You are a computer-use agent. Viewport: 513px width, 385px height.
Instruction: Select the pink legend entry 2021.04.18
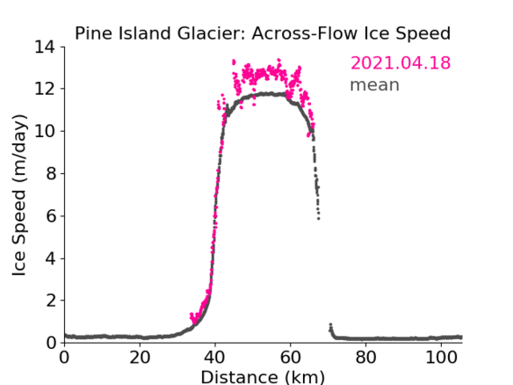[400, 63]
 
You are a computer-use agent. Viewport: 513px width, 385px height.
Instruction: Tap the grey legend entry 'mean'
[375, 85]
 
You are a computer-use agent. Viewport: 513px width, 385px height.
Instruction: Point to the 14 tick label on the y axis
[45, 47]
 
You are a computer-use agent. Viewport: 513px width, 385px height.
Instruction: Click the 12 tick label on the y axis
[45, 89]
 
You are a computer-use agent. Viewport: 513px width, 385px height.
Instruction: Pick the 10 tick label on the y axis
[45, 131]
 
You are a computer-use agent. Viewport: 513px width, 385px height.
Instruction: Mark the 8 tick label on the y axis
[50, 173]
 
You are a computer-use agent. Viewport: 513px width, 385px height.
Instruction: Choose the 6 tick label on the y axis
[50, 215]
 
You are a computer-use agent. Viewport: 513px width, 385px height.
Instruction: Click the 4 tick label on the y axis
[50, 259]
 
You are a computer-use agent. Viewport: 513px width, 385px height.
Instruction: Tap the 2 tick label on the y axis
[50, 300]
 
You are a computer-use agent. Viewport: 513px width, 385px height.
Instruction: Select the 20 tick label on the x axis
[140, 358]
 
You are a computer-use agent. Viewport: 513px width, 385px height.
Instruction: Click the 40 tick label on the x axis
[215, 358]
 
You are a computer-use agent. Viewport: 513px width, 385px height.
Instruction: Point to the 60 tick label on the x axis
[290, 358]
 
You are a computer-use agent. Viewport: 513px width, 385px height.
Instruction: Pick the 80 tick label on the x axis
[366, 358]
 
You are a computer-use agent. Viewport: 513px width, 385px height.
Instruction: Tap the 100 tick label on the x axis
[441, 358]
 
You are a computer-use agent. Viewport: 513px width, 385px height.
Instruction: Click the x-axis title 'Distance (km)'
[262, 377]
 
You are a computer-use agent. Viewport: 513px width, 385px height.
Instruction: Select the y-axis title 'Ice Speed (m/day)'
[20, 196]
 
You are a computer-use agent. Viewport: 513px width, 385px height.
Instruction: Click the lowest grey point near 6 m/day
[318, 218]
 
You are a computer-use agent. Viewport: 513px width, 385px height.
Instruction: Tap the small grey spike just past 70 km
[331, 325]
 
